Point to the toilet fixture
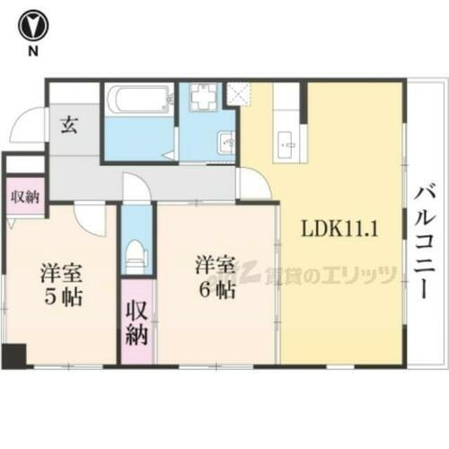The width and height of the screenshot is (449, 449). pos(136,255)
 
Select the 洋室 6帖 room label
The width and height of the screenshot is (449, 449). pos(216,279)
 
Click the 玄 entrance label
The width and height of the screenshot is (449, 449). pos(69,126)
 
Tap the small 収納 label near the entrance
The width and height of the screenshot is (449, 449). pos(24,196)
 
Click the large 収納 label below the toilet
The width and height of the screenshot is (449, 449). pos(136,323)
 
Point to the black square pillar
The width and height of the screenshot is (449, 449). pos(13,356)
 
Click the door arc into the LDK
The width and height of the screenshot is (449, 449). pos(253,184)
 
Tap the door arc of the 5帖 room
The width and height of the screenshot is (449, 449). pos(91,216)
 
